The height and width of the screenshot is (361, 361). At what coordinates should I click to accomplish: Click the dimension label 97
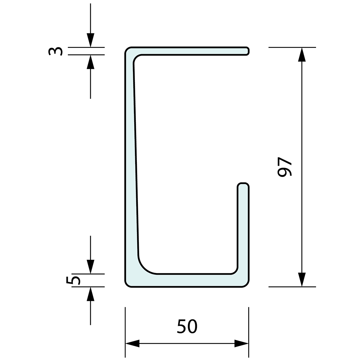pos(285,167)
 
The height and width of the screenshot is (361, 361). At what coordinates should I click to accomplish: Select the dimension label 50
pos(187,326)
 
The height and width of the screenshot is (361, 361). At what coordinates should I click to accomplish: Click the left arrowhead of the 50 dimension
pos(133,344)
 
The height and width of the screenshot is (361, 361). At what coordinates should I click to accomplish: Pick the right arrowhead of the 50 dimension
pos(241,344)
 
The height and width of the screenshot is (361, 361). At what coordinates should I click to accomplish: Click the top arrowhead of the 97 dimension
pos(302,54)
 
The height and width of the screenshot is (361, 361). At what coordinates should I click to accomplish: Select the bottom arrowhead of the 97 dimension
pos(302,280)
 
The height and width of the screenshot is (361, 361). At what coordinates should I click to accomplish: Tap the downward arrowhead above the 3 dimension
pos(91,40)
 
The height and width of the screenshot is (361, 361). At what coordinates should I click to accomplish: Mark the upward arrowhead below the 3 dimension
pos(91,62)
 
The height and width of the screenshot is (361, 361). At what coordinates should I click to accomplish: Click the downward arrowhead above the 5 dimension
pos(91,266)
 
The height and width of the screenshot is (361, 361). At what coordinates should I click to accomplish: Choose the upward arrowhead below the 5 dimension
pos(91,294)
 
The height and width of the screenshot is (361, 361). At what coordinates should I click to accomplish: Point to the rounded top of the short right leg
pos(243,185)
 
